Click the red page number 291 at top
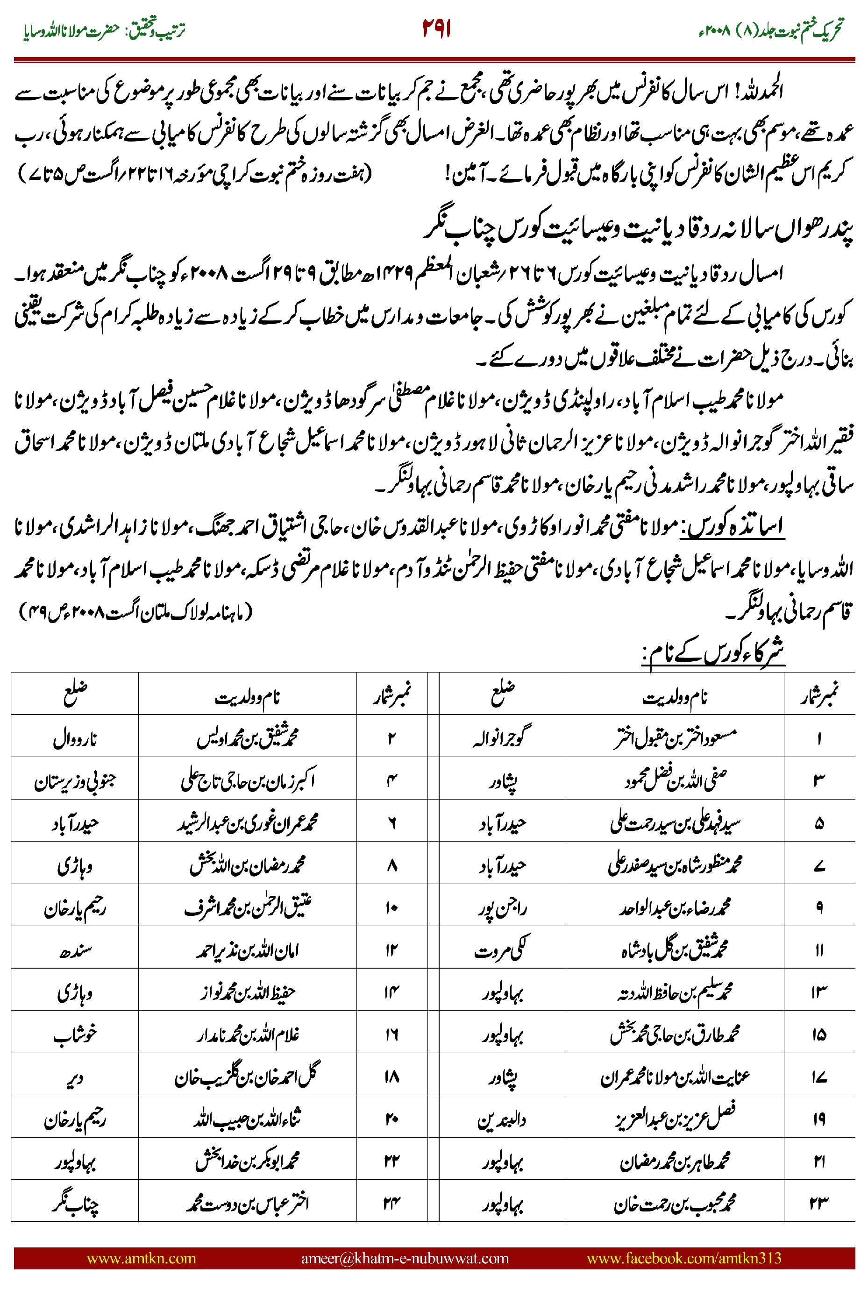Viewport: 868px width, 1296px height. pos(436,29)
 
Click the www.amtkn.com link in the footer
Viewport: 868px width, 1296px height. pos(141,1258)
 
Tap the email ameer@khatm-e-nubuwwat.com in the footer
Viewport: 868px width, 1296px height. pos(405,1258)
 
